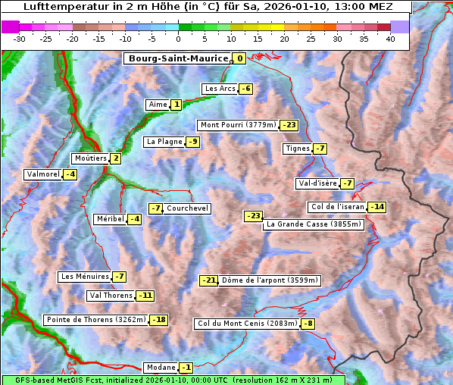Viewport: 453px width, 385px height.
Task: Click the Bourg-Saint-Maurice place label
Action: pos(177,58)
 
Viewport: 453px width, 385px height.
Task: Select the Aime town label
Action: pos(158,105)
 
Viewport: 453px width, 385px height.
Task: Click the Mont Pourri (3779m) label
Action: pos(237,125)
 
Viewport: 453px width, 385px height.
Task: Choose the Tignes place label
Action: pos(296,149)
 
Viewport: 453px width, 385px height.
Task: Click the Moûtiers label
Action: pos(90,158)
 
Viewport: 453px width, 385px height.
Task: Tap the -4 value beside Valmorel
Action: pos(70,174)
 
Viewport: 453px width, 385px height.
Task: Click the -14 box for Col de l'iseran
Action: pos(376,207)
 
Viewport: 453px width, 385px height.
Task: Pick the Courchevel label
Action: pos(187,208)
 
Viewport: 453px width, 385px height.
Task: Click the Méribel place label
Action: pos(110,219)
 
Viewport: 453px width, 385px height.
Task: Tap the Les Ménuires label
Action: pos(84,277)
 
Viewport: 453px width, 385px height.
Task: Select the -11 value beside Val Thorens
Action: pos(145,296)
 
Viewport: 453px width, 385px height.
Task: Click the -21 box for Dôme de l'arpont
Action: pos(208,280)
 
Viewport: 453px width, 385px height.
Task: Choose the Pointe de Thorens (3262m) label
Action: pos(95,320)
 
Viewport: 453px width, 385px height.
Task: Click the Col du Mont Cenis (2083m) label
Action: pos(247,324)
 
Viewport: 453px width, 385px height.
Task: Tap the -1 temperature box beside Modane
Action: pos(186,368)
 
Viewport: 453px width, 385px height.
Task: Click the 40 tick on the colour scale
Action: pos(390,39)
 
